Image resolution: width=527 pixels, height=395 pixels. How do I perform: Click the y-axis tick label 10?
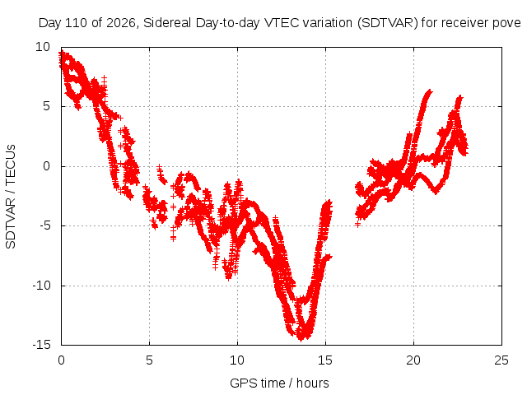(43, 47)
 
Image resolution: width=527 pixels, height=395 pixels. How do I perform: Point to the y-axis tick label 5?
(46, 106)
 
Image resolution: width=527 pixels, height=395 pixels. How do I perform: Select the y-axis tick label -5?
(44, 225)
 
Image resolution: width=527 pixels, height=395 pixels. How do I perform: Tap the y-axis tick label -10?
(41, 286)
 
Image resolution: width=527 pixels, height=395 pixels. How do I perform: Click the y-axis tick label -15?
(41, 345)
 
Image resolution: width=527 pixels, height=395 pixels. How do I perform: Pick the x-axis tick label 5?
(149, 360)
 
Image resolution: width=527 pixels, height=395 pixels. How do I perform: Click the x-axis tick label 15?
(325, 360)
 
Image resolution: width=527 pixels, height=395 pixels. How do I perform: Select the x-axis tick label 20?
(413, 360)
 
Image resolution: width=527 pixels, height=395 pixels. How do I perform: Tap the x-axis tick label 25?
(501, 360)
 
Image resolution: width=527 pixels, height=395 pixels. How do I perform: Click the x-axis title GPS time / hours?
(279, 383)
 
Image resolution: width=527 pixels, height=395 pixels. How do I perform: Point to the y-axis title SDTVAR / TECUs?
(11, 197)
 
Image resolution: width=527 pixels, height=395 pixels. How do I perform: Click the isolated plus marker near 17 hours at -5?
(357, 224)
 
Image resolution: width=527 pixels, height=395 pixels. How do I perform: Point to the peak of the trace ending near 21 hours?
(429, 91)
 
